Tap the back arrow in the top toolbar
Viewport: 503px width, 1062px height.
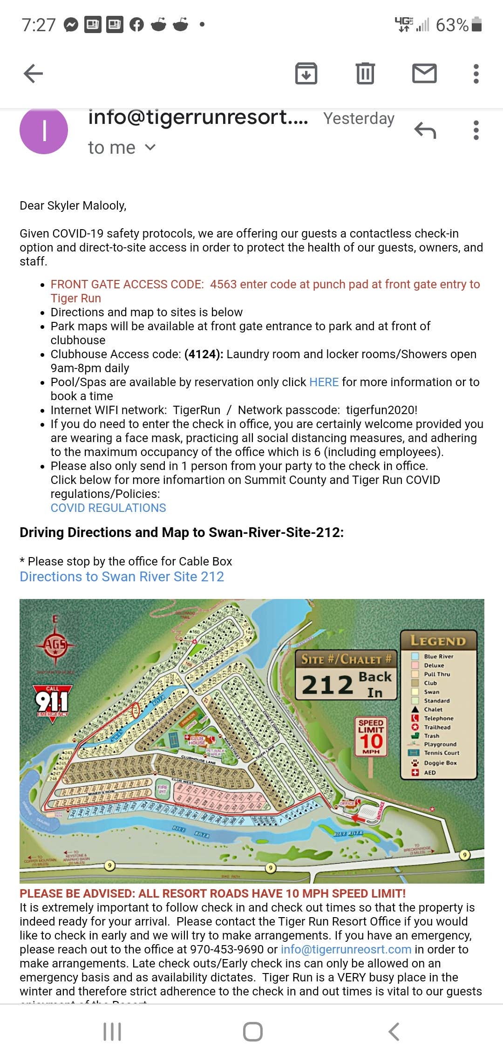33,73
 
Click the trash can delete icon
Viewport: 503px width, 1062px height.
365,73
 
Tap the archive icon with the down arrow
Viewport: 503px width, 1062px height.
306,73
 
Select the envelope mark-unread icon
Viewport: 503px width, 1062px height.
424,73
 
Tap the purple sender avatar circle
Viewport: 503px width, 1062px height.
44,131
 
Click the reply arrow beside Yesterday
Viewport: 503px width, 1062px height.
425,131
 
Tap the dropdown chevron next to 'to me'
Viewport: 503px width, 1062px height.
150,147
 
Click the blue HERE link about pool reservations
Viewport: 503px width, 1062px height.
324,382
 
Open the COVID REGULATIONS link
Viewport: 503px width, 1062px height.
108,508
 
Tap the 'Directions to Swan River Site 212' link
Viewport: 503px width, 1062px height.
122,577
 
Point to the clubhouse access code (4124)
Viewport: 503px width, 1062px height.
204,354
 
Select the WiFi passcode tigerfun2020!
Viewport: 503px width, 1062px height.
381,410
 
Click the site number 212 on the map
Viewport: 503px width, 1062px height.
327,684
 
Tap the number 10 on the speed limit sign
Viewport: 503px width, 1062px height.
371,741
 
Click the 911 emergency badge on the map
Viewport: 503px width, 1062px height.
52,701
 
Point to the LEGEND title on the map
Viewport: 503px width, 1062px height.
438,641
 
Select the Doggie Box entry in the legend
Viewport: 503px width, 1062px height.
440,763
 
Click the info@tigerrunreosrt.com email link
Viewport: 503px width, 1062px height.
346,949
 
